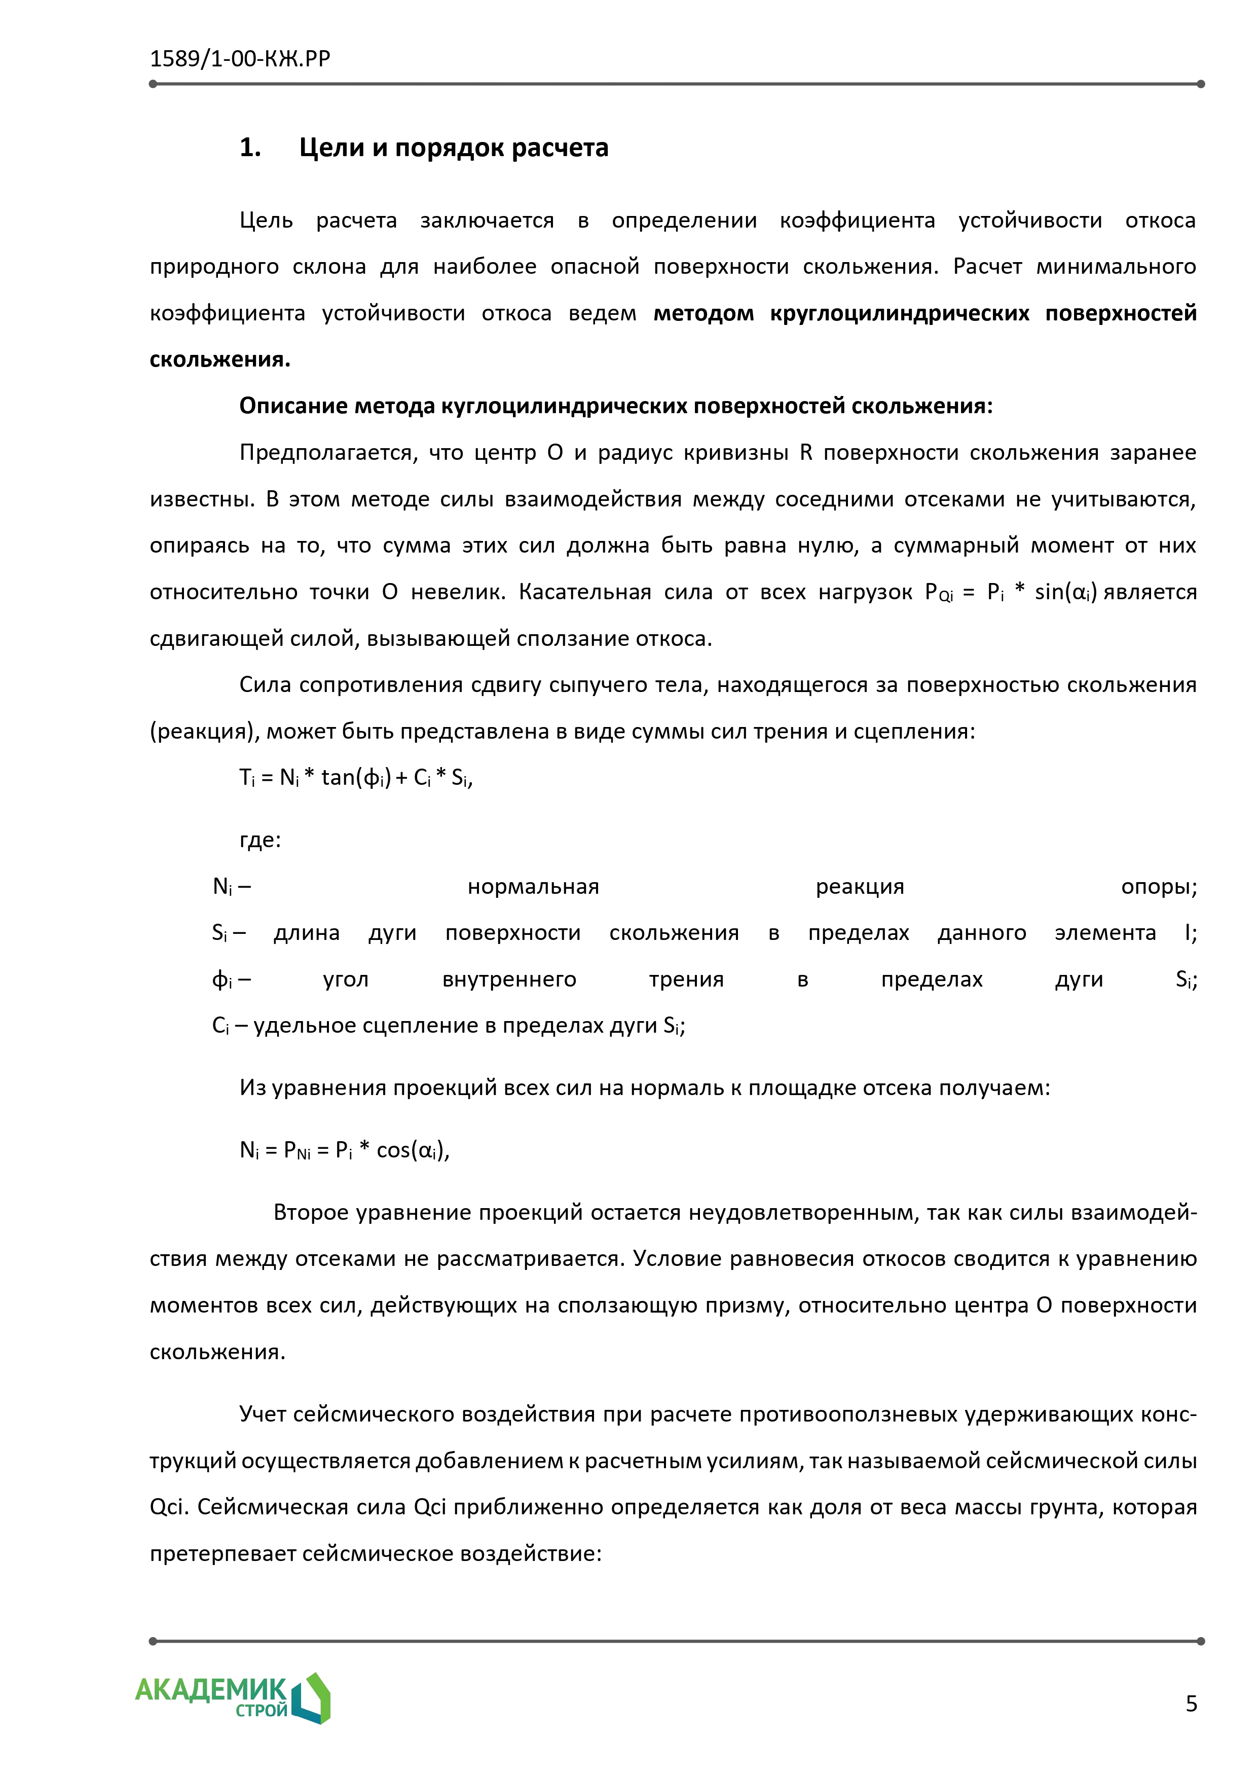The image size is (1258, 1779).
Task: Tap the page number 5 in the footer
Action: [1191, 1704]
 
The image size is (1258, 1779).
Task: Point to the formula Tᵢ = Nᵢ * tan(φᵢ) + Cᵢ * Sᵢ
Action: [356, 777]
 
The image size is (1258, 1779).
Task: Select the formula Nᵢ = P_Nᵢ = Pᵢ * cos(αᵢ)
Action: [344, 1150]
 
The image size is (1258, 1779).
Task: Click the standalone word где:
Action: [261, 840]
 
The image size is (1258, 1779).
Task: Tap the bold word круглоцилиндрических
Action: [899, 313]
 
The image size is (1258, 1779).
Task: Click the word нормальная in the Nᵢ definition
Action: [533, 886]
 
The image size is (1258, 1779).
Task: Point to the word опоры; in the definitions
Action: [1158, 886]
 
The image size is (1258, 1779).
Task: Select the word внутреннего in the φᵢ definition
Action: [509, 979]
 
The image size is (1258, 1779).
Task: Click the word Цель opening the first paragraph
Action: [266, 221]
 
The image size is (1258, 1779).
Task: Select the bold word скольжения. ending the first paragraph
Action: [220, 359]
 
